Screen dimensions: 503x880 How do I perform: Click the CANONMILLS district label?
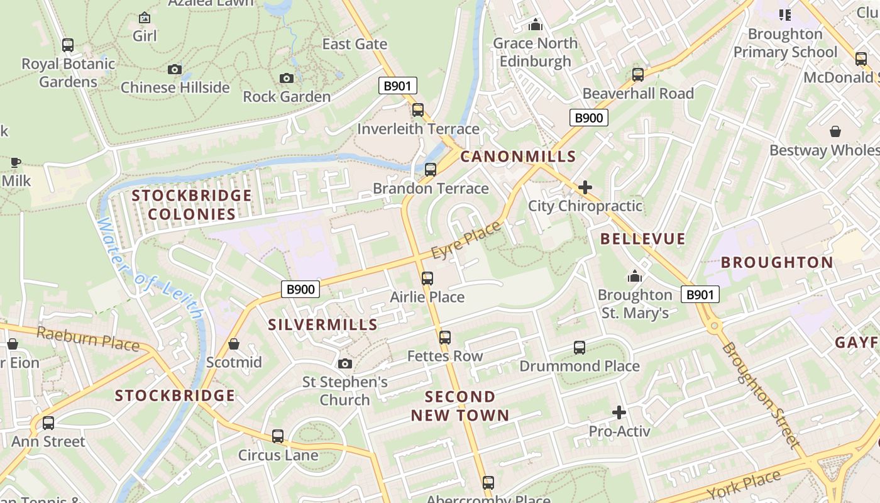[x=518, y=157]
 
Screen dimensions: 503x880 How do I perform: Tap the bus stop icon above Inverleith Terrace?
[x=418, y=110]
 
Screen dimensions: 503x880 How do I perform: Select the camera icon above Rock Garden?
[x=287, y=78]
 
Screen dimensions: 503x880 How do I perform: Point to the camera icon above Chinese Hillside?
[x=175, y=69]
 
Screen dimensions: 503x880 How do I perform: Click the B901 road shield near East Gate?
[x=397, y=86]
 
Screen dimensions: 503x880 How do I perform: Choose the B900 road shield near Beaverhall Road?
[x=589, y=118]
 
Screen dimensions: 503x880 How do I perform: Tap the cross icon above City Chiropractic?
[x=585, y=187]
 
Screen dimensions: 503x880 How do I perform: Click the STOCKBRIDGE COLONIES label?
[x=192, y=205]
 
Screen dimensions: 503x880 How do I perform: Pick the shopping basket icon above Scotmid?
[x=234, y=344]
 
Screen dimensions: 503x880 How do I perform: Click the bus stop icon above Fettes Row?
[x=445, y=338]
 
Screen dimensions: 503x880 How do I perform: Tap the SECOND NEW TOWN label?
[x=460, y=406]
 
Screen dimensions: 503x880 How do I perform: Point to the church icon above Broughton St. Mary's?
[x=635, y=277]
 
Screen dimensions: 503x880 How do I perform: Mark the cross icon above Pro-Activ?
[x=619, y=412]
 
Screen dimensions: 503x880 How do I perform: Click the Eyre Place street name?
[x=466, y=240]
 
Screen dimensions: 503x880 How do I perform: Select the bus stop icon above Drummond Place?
[x=580, y=348]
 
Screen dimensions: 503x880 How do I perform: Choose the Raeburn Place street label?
[x=87, y=338]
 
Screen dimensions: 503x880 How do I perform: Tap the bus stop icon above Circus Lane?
[x=278, y=436]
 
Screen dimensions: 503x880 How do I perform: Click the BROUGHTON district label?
[x=777, y=263]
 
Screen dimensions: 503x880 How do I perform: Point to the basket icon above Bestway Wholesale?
[x=835, y=131]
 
